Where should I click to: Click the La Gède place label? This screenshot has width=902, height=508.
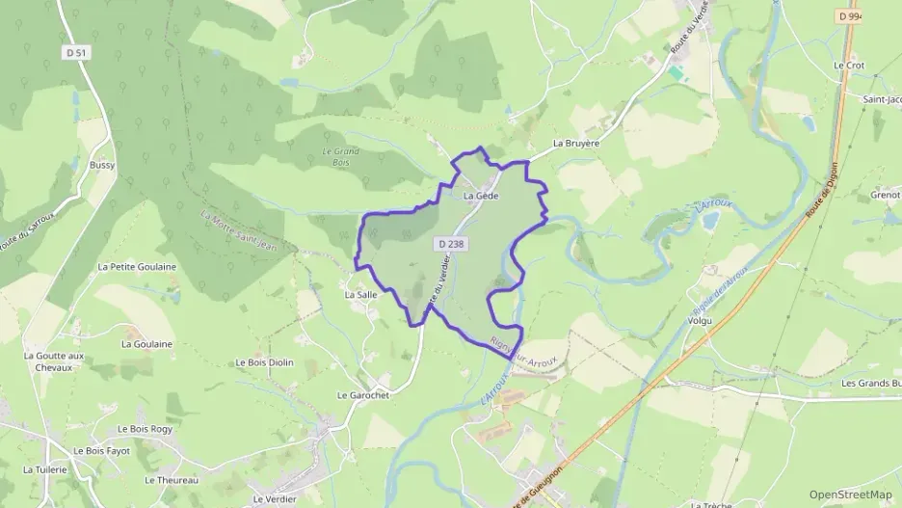(481, 196)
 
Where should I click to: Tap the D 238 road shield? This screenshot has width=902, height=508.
(450, 245)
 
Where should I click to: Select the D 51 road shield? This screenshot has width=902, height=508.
(76, 53)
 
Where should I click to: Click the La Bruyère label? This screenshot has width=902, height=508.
(576, 144)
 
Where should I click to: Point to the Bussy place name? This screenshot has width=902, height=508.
(102, 165)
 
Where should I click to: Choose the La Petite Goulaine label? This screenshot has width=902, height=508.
(137, 266)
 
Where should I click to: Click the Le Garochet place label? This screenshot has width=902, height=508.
(362, 395)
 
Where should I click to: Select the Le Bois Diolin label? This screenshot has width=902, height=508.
(264, 362)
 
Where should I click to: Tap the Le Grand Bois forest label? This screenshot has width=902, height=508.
(340, 157)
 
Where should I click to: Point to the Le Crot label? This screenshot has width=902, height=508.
(850, 65)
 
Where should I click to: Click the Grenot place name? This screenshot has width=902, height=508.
(886, 195)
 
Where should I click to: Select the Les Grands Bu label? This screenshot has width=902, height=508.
(871, 383)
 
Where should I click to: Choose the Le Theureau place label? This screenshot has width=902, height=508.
(171, 480)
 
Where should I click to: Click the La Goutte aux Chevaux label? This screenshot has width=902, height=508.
(54, 361)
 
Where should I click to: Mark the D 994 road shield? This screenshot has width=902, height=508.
(849, 16)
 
